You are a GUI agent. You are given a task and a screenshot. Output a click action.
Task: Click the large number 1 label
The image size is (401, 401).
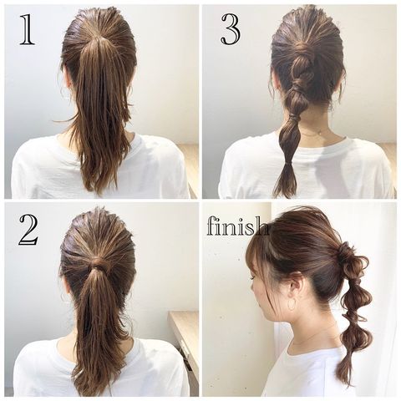28,30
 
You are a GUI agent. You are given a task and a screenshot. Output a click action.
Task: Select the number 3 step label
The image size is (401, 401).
231,29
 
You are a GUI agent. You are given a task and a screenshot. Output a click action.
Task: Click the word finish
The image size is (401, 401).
237,227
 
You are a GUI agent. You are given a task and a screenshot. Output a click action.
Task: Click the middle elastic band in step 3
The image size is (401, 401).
292,119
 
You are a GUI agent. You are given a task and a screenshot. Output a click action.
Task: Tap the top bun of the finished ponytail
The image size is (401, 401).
345,254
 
